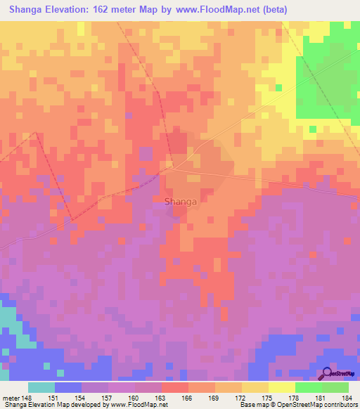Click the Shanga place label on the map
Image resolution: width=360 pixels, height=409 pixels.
(x=180, y=202)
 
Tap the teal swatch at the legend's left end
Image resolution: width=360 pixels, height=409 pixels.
(x=41, y=387)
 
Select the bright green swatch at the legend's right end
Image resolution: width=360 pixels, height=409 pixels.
(x=335, y=387)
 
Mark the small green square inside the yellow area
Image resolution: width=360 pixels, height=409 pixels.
(x=279, y=88)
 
